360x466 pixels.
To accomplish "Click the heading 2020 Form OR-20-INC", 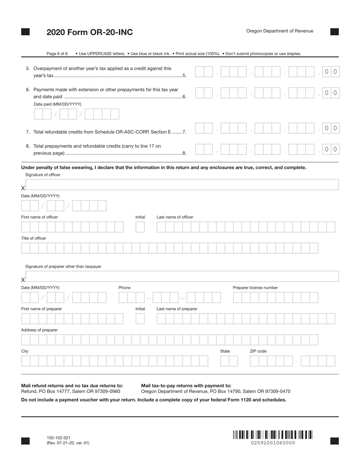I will pos(89,32).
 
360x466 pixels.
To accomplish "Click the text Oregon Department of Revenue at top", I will pos(280,31).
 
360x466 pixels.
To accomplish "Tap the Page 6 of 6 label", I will pos(57,54).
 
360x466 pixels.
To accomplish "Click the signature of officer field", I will pos(182,185).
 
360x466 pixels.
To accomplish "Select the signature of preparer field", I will pos(182,277).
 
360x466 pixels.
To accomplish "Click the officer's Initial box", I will pos(140,227).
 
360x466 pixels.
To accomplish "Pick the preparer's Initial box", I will pos(140,319).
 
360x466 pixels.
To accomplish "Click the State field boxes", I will pos(229,361).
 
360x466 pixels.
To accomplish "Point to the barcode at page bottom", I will pos(273,434).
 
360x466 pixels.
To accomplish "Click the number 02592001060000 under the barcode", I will pos(273,443).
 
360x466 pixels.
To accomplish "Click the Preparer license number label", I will pos(255,288).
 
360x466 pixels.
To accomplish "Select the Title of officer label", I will pos(34,238).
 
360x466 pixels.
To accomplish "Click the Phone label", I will pos(124,288).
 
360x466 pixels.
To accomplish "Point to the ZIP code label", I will pos(258,351).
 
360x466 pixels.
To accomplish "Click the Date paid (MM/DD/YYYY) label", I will pos(58,104).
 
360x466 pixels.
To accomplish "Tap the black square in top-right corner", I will pos(334,32).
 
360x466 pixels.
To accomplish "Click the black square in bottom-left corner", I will pos(25,441).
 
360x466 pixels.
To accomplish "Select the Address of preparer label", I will pos(39,330).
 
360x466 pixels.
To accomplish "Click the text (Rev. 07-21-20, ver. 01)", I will pos(68,443).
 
